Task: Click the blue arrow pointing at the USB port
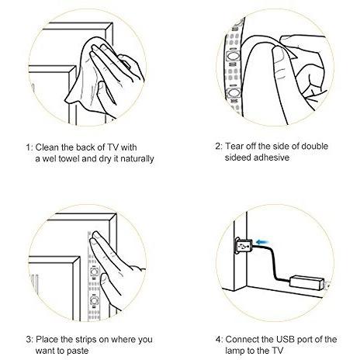pyautogui.click(x=262, y=242)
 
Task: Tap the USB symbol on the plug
pyautogui.click(x=243, y=246)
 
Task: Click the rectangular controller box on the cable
pyautogui.click(x=307, y=282)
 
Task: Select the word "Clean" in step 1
pyautogui.click(x=47, y=147)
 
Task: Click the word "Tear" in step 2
pyautogui.click(x=234, y=146)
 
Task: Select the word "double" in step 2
pyautogui.click(x=315, y=146)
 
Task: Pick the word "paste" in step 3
pyautogui.click(x=78, y=351)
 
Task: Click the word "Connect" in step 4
pyautogui.click(x=242, y=339)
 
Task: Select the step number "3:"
pyautogui.click(x=29, y=339)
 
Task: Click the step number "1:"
pyautogui.click(x=29, y=147)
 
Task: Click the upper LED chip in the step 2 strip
pyautogui.click(x=232, y=56)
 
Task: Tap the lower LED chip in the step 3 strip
pyautogui.click(x=94, y=301)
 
